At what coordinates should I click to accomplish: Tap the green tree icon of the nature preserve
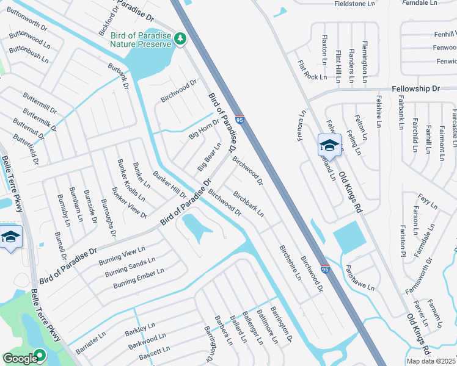pyautogui.click(x=180, y=39)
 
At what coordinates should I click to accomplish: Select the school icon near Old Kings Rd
pyautogui.click(x=329, y=146)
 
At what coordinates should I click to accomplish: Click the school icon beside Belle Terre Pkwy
pyautogui.click(x=10, y=237)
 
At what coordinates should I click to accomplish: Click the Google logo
pyautogui.click(x=20, y=358)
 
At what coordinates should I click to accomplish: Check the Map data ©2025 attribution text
pyautogui.click(x=431, y=361)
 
